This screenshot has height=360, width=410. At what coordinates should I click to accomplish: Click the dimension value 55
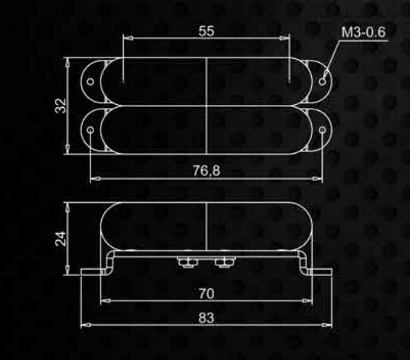coord(206,32)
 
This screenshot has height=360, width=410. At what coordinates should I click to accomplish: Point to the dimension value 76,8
coord(206,171)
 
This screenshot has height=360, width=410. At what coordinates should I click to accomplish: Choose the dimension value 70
coord(206,294)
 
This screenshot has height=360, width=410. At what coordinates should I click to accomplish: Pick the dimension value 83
coord(206,318)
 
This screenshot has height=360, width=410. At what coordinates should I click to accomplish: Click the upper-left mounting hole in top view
coord(90,81)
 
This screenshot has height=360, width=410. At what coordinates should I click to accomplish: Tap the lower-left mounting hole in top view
coord(90,130)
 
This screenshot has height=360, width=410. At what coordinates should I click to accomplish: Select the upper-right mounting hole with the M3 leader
coord(322,81)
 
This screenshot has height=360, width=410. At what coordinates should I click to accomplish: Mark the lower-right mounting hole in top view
coord(322,130)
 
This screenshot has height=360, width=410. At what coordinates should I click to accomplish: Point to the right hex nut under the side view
coord(225,262)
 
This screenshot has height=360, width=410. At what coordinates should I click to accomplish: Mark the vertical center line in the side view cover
coord(206,228)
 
